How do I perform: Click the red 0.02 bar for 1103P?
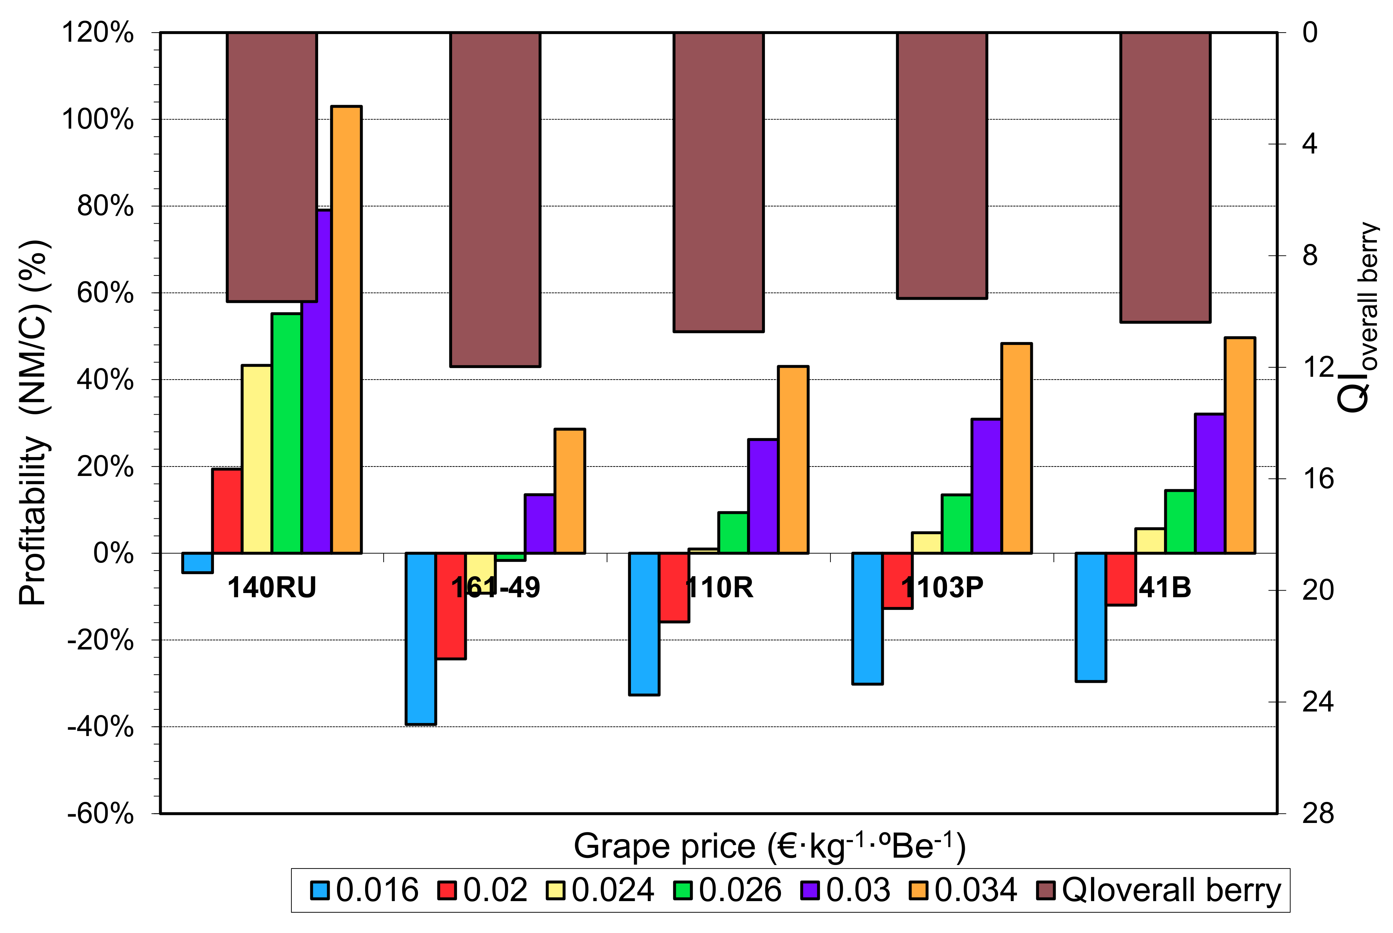coord(897,580)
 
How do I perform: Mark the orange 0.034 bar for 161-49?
coord(570,491)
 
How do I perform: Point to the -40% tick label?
coord(100,727)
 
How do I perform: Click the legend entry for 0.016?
coord(364,890)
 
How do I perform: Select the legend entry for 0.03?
coord(845,890)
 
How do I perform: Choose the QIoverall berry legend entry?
coord(1158,890)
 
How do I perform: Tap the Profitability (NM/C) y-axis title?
coord(34,422)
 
